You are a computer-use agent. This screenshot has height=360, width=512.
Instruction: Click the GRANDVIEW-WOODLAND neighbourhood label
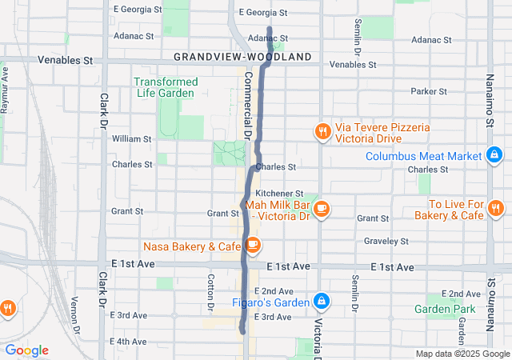tap(242, 58)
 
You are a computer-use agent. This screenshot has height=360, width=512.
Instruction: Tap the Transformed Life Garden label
tap(166, 87)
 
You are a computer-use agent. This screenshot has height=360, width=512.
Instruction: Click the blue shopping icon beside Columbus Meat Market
tap(494, 155)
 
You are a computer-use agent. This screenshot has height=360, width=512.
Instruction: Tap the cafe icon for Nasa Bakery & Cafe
tap(253, 245)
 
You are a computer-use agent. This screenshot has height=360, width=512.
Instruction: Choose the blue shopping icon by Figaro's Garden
tap(321, 301)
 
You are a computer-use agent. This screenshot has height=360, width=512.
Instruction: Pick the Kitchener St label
tap(279, 194)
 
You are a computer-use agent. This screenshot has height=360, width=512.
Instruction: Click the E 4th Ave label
tap(131, 342)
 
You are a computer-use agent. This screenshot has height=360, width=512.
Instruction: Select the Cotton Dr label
tap(211, 292)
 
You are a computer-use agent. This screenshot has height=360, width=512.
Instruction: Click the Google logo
tap(26, 350)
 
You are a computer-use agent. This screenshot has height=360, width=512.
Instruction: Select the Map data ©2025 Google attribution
tap(462, 354)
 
